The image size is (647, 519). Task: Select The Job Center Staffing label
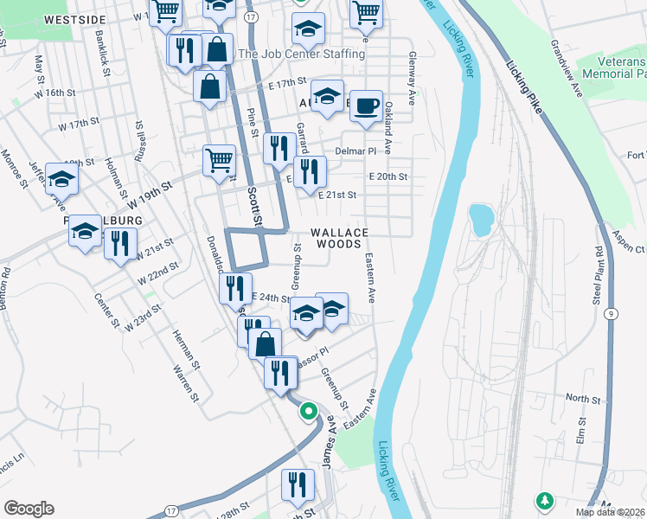coord(301,54)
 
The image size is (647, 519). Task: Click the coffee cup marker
coord(366,106)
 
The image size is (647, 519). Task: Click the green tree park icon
coord(545,500)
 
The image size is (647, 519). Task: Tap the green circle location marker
coord(308,412)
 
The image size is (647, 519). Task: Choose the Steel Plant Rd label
coord(596,274)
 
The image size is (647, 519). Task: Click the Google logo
coord(29,509)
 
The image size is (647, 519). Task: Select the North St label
coord(583,399)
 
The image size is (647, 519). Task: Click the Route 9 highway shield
coord(612,314)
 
